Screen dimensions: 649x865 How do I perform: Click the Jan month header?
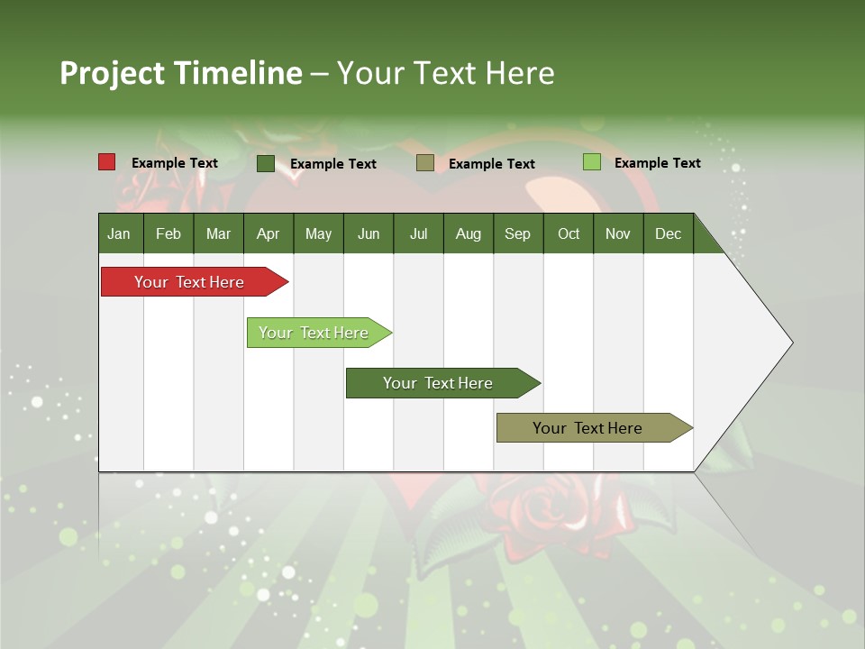tap(119, 233)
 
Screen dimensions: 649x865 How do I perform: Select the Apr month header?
tap(269, 233)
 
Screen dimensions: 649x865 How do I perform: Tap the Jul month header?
tap(418, 233)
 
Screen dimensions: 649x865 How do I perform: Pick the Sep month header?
tap(517, 233)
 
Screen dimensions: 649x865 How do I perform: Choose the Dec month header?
tap(668, 233)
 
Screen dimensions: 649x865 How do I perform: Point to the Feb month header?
tap(168, 233)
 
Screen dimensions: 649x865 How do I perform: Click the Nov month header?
tap(618, 233)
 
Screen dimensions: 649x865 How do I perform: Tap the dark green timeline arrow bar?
tap(439, 383)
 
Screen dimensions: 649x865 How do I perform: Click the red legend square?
tap(107, 162)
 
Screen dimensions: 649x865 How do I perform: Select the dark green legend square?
tap(266, 163)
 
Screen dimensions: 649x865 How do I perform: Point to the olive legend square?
tap(425, 163)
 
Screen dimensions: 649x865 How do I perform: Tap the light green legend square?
tap(591, 162)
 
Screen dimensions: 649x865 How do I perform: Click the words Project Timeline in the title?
tap(181, 73)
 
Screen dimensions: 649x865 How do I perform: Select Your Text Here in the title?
tap(445, 73)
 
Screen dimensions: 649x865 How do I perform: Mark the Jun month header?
tap(369, 233)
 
